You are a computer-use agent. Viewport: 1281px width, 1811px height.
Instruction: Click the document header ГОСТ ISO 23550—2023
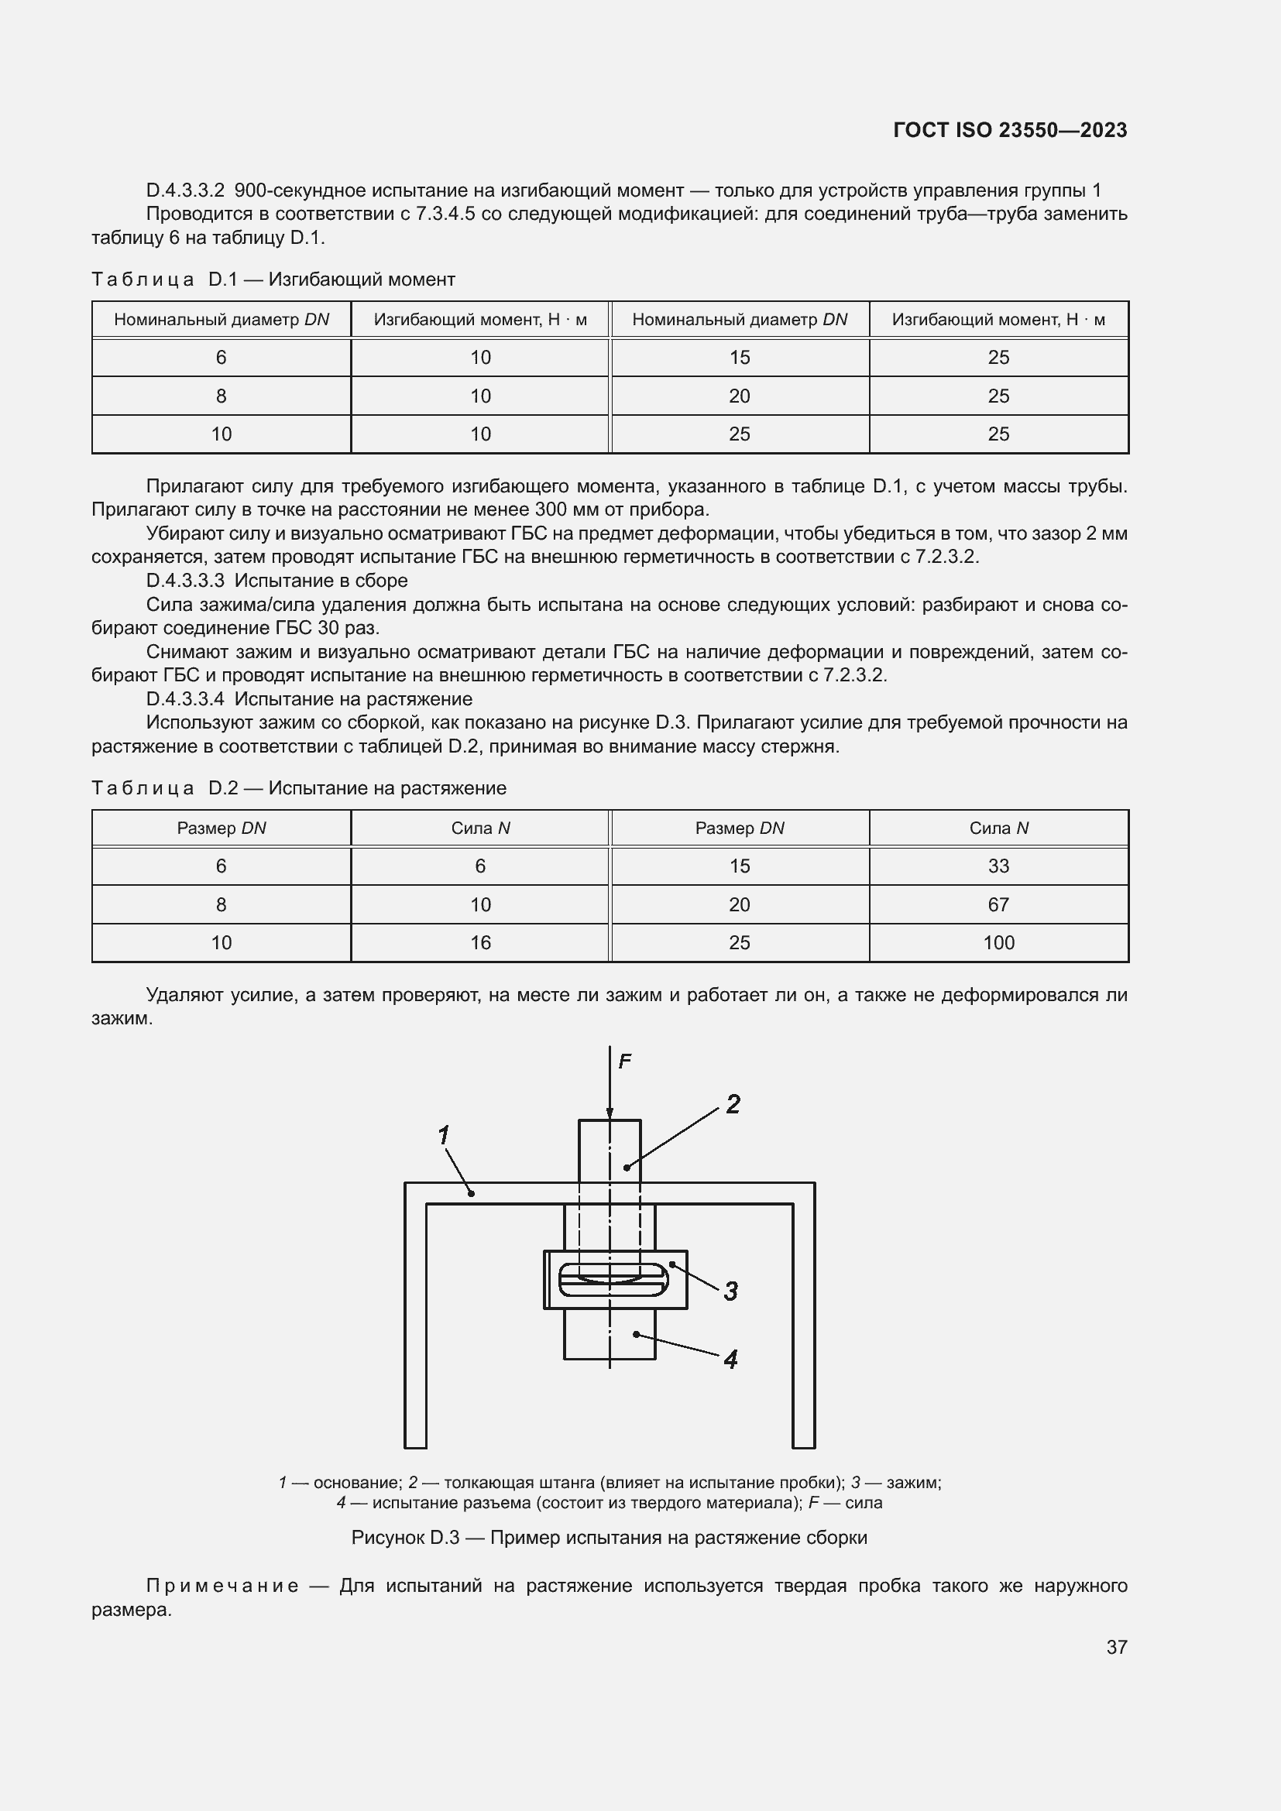tap(1010, 130)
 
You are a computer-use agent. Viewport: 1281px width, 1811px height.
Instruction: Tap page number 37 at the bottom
tap(1116, 1646)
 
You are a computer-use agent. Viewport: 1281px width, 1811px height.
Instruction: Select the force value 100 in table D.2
tap(998, 942)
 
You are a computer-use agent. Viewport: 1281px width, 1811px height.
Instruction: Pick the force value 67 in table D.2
tap(998, 904)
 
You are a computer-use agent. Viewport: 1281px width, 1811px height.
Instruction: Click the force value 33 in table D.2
tap(998, 866)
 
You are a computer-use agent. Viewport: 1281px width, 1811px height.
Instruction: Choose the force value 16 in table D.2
tap(480, 942)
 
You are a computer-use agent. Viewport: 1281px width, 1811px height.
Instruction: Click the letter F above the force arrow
tap(625, 1062)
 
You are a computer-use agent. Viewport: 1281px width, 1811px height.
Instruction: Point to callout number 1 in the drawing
tap(443, 1136)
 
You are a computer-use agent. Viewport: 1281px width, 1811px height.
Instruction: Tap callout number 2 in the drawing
tap(733, 1104)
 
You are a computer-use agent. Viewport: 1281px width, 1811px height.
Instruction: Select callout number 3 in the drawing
tap(730, 1291)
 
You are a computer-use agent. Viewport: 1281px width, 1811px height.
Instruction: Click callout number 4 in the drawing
tap(730, 1359)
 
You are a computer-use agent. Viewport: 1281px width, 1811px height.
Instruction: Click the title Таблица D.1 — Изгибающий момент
tap(273, 280)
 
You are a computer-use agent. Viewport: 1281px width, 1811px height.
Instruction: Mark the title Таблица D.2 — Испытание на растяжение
tap(298, 788)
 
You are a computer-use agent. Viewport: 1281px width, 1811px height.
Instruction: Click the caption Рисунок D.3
tap(609, 1538)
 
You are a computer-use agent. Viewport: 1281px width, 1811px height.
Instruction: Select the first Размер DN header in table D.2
tap(221, 828)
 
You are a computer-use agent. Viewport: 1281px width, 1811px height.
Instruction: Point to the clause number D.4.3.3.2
tap(185, 190)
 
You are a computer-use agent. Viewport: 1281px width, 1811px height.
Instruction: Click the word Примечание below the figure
tap(222, 1586)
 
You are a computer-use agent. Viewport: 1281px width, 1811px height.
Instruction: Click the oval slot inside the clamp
tap(613, 1279)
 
